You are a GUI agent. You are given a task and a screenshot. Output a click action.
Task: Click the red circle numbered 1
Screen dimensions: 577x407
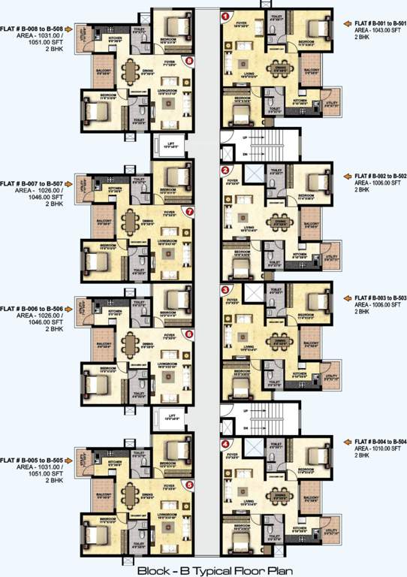point(225,16)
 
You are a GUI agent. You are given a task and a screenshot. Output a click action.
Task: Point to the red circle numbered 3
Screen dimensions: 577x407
point(225,290)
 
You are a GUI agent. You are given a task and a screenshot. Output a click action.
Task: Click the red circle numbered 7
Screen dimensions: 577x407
point(189,212)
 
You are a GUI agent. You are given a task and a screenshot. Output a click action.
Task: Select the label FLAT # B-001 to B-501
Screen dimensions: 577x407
point(380,23)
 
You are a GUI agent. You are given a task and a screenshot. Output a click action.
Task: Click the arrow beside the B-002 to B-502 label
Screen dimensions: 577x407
point(348,176)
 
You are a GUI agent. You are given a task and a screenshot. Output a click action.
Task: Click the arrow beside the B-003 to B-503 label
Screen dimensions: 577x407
point(348,298)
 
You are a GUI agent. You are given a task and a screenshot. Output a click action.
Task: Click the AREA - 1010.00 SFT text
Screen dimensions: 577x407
point(380,449)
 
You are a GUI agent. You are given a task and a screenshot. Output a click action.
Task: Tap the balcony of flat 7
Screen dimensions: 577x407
point(102,222)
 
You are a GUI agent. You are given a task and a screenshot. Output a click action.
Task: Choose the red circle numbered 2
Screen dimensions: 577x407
point(225,171)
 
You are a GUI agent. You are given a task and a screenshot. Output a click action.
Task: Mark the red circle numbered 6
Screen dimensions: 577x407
point(188,334)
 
